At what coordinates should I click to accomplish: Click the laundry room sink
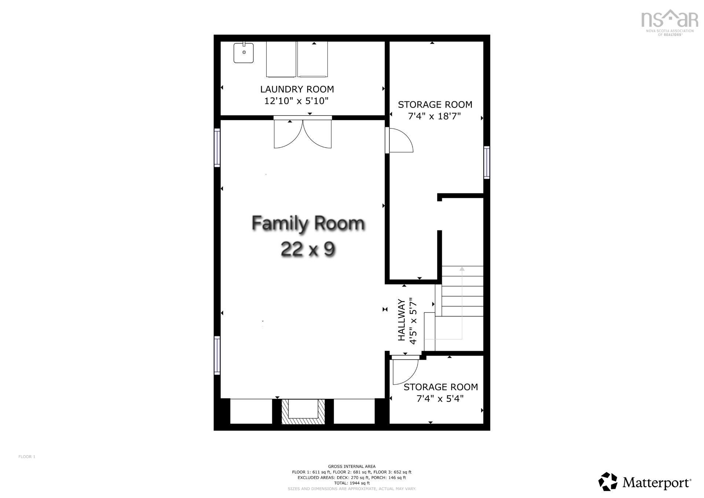(244, 53)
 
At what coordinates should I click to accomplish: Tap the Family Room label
(308, 223)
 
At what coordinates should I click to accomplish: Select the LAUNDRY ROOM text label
(297, 89)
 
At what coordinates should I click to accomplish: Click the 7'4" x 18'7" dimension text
(434, 116)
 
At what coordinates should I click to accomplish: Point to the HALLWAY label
(402, 320)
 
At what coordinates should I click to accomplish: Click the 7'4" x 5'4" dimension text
(440, 398)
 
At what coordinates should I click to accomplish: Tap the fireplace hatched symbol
(303, 412)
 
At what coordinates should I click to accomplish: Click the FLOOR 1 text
(27, 457)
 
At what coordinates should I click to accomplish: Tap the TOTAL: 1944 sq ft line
(352, 483)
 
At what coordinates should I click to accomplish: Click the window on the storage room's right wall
(487, 163)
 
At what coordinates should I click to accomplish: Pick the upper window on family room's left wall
(217, 148)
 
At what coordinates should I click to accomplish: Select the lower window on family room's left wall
(217, 355)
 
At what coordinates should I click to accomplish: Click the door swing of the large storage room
(400, 141)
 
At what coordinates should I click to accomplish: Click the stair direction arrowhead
(462, 269)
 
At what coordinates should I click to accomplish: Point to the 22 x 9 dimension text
(308, 250)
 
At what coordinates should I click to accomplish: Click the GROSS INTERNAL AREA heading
(352, 466)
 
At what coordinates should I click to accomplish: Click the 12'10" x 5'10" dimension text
(296, 101)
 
